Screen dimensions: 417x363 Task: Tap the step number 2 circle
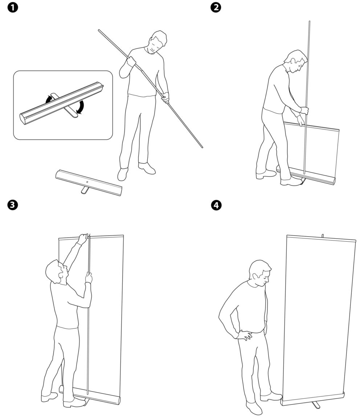(216, 7)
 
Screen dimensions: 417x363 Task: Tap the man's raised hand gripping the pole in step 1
(131, 62)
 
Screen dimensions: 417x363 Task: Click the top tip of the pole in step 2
(309, 22)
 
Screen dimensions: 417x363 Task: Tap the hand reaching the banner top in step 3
(83, 238)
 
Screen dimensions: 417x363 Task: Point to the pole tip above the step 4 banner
(323, 235)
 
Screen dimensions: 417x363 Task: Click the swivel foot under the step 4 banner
(316, 405)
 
